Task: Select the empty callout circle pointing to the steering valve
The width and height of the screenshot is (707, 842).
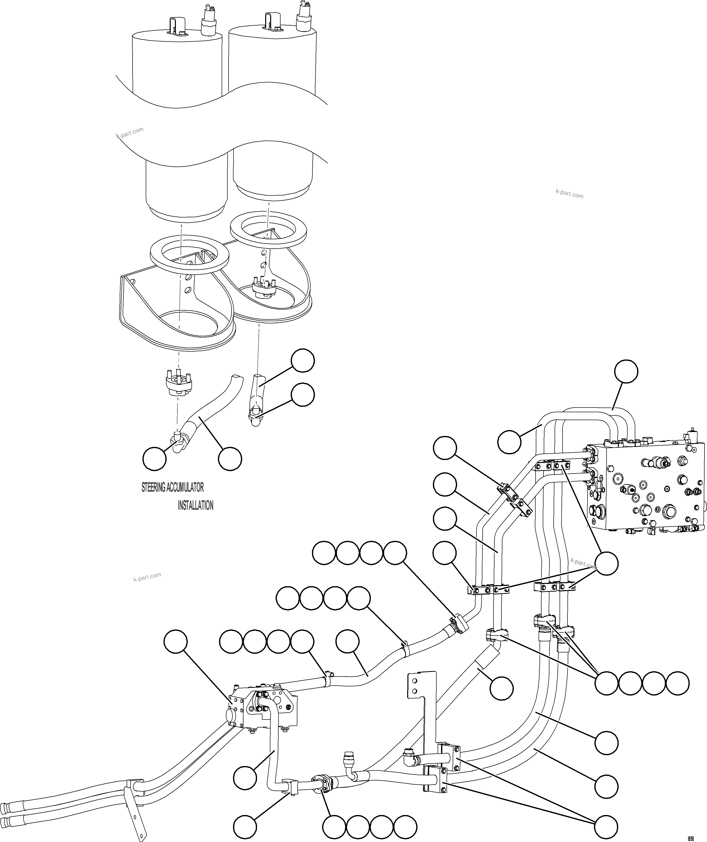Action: point(176,642)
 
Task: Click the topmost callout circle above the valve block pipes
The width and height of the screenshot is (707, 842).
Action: point(626,371)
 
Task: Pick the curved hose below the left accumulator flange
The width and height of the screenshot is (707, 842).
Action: point(212,413)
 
